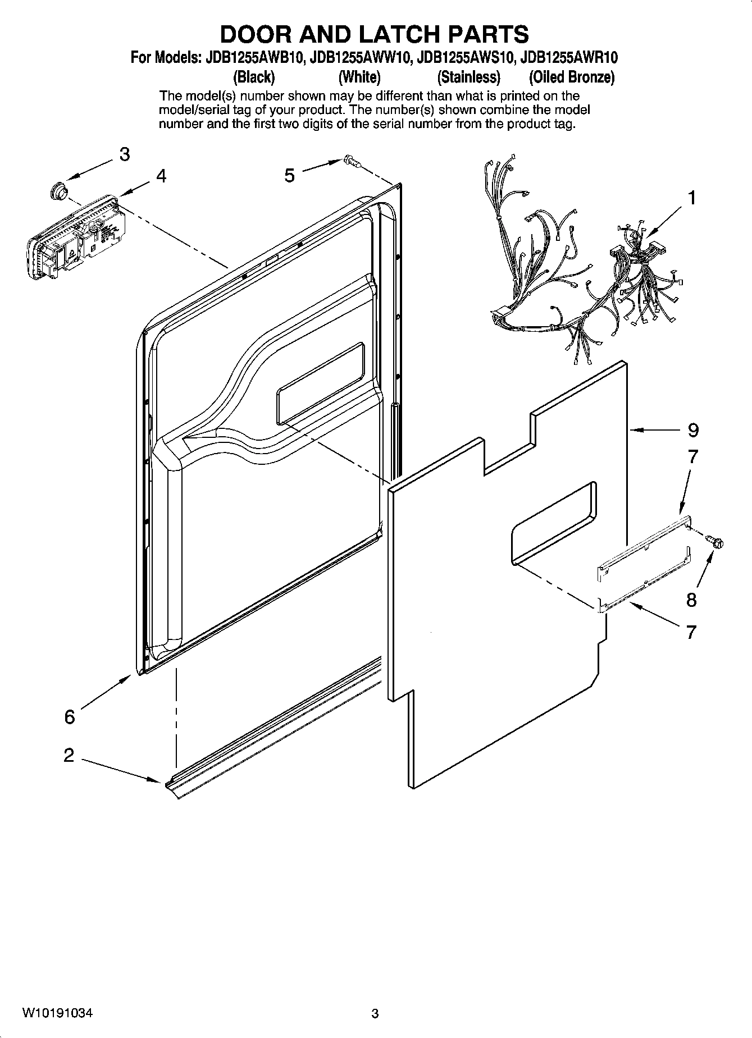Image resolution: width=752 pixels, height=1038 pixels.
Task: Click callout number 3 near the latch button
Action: tap(124, 154)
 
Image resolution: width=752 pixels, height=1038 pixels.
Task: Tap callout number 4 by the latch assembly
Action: tap(161, 176)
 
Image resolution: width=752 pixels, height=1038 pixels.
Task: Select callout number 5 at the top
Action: tap(289, 176)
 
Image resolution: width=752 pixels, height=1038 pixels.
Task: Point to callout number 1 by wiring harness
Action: tap(692, 198)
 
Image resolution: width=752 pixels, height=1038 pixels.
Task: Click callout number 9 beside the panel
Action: tap(693, 431)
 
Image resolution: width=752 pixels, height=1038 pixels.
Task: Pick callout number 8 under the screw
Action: tap(691, 600)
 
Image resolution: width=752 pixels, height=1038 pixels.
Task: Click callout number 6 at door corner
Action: tap(69, 717)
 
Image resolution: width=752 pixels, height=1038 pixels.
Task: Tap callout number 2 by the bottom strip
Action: tap(69, 755)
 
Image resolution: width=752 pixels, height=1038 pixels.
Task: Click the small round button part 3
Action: tap(57, 190)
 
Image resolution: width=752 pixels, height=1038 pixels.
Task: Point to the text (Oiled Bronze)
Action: tap(572, 77)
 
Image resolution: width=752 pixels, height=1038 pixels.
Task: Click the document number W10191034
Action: tap(57, 1013)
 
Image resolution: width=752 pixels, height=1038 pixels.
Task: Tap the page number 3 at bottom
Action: tap(375, 1013)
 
